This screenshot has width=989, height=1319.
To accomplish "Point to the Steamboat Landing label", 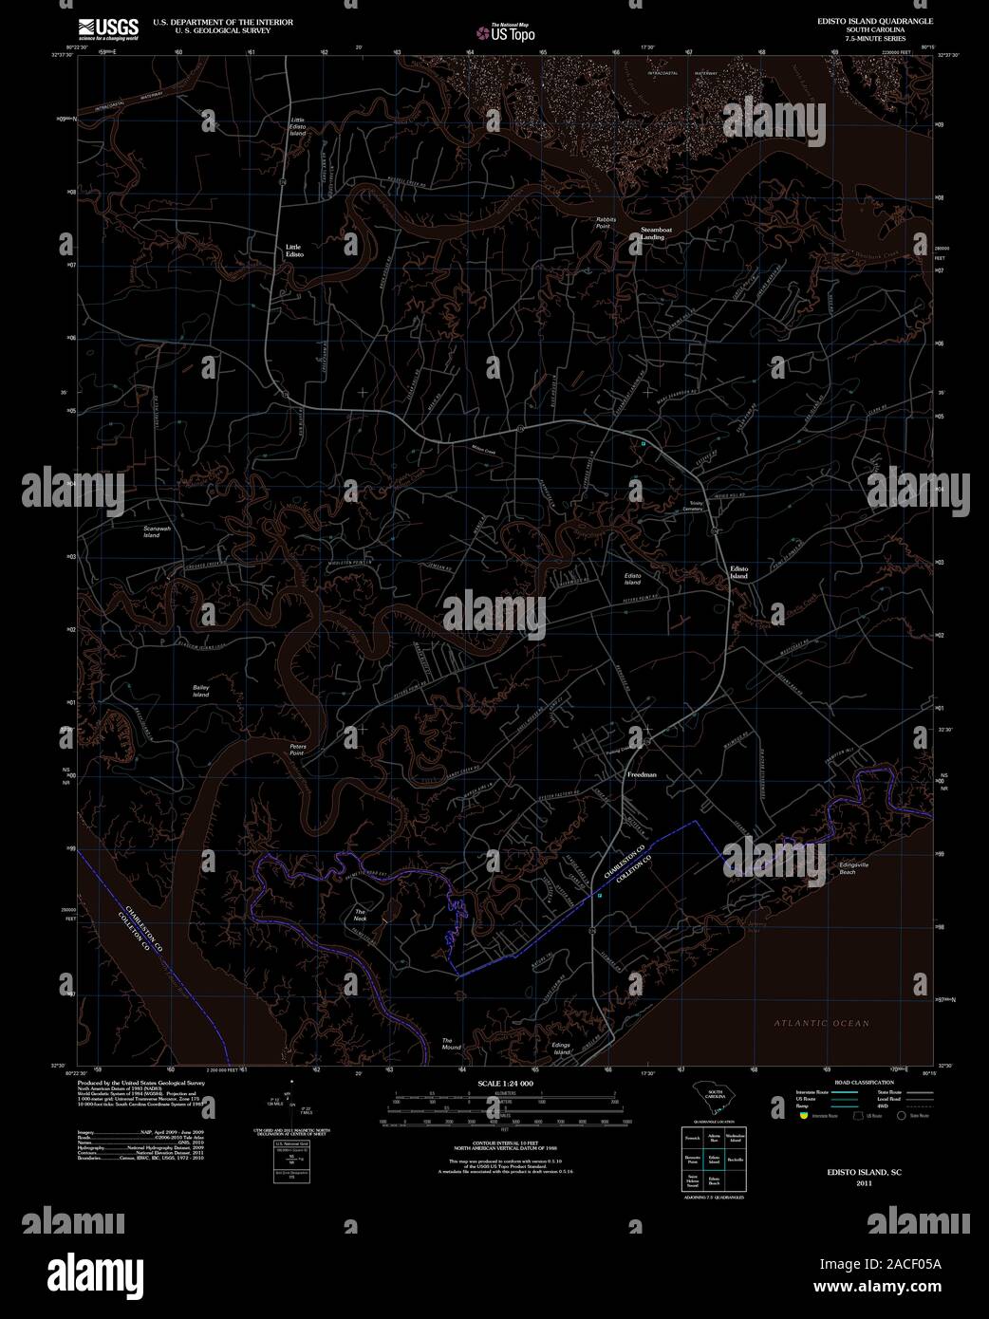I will point(652,233).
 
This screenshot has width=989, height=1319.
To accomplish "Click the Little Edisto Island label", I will point(298,127).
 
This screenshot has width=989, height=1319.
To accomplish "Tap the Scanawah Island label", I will point(152,531).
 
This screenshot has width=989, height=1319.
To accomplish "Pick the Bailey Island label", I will point(201,691).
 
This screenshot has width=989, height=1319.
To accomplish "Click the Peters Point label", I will point(298,750).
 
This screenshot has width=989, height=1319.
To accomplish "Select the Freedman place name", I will point(642,775).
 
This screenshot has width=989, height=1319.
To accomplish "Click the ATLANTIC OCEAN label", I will point(821,1023).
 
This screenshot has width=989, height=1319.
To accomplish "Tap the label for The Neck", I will point(360,915).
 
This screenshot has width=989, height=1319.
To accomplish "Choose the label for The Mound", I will point(451,1044).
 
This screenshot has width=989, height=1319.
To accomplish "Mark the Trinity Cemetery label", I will point(696,507).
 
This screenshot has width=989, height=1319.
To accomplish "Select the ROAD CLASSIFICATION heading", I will point(858,1083).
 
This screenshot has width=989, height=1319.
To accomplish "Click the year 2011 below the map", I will point(864,1184).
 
